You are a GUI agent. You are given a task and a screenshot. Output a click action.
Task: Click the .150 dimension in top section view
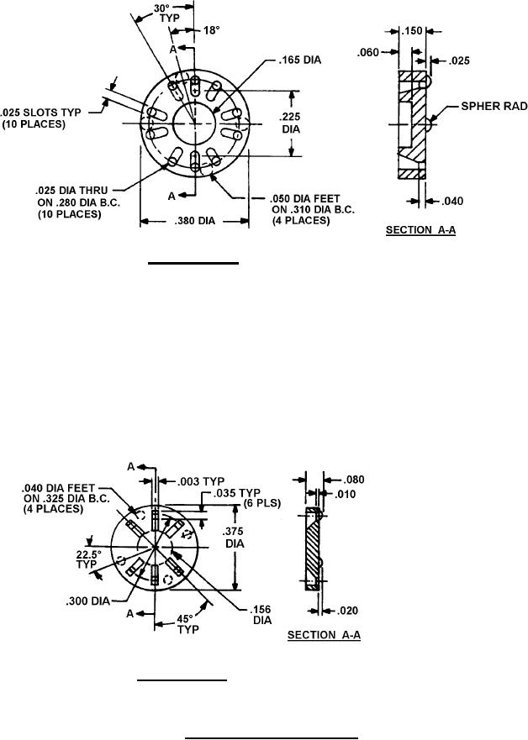tap(412, 30)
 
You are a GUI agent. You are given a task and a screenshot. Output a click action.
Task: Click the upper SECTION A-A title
tap(420, 229)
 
